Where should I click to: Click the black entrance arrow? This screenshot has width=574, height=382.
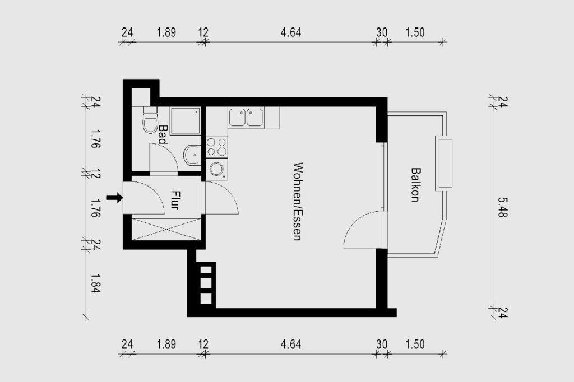pyautogui.click(x=114, y=198)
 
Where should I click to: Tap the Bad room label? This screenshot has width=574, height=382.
pyautogui.click(x=163, y=134)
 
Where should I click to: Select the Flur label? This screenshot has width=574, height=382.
pyautogui.click(x=175, y=200)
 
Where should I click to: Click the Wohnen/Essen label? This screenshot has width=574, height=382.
pyautogui.click(x=298, y=201)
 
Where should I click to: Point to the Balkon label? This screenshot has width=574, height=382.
pyautogui.click(x=415, y=184)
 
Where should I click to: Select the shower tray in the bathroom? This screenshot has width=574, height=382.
pyautogui.click(x=185, y=121)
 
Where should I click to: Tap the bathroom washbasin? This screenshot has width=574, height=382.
pyautogui.click(x=192, y=155)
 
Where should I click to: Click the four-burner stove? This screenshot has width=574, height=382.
pyautogui.click(x=217, y=146)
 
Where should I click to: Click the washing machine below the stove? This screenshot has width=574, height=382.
pyautogui.click(x=217, y=169)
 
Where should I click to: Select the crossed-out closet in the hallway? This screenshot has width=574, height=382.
pyautogui.click(x=166, y=229)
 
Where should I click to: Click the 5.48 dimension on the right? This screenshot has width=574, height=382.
pyautogui.click(x=503, y=207)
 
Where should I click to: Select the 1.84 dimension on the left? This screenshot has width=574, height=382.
pyautogui.click(x=95, y=283)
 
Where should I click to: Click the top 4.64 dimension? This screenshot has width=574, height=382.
pyautogui.click(x=291, y=32)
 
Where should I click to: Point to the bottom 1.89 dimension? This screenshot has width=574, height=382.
pyautogui.click(x=166, y=344)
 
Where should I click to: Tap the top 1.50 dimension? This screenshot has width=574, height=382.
pyautogui.click(x=415, y=32)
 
